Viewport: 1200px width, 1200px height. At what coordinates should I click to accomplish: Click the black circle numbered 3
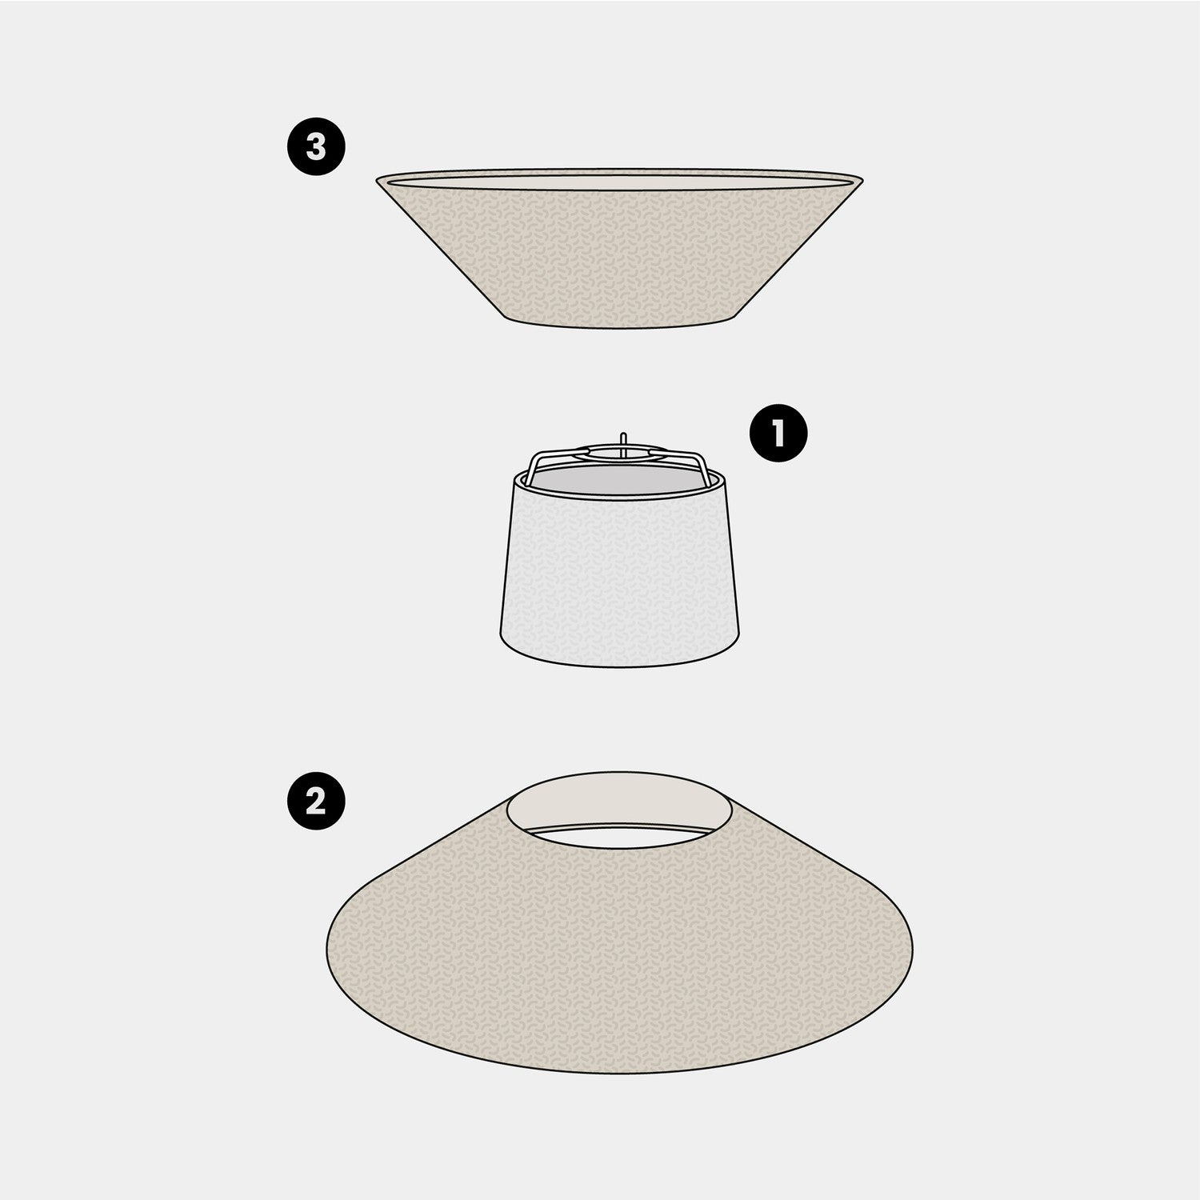coord(316,148)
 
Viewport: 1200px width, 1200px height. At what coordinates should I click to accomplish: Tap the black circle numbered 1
coord(778,434)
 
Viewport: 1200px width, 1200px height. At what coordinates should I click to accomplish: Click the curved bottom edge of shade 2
coord(620,1073)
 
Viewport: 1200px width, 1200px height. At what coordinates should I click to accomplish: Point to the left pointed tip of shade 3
coord(378,179)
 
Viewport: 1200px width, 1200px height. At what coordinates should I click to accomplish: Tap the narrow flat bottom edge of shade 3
coord(620,326)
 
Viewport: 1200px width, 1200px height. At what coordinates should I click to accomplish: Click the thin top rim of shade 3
coord(620,170)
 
